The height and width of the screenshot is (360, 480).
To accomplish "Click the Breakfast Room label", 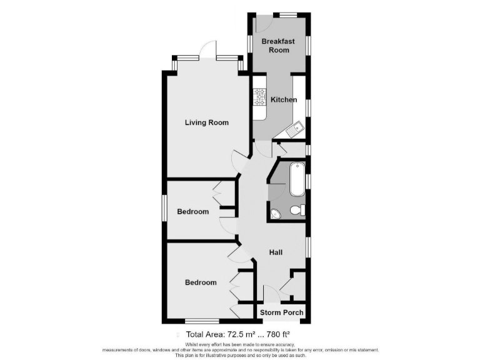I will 278,46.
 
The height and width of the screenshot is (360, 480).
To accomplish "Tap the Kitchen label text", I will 284,99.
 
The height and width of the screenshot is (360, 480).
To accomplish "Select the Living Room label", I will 206,122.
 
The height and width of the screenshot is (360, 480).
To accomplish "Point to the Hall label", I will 276,252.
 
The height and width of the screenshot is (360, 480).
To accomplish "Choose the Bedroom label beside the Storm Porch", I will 201,282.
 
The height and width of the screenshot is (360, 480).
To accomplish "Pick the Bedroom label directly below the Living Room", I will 192,212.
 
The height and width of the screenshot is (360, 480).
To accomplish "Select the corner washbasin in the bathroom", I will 276,215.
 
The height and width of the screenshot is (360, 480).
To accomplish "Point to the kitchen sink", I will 294,130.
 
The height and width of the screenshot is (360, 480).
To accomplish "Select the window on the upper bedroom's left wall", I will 164,209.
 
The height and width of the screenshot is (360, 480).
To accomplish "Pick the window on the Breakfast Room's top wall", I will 287,14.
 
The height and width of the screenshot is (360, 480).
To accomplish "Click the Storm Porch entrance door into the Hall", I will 271,294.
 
